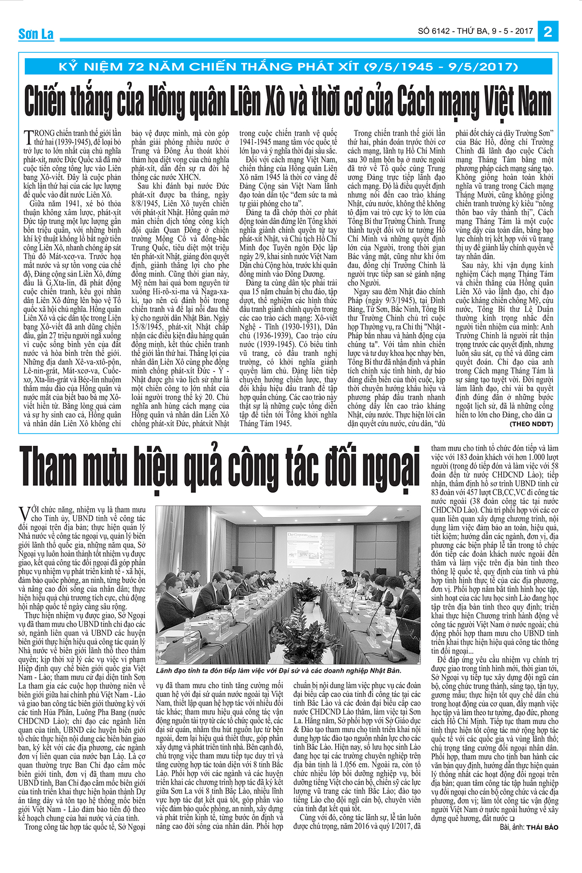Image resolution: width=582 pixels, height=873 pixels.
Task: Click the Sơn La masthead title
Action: click(x=36, y=34)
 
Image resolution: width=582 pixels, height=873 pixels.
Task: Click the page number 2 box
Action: click(x=548, y=32)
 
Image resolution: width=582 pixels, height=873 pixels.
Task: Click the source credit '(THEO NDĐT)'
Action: click(x=531, y=424)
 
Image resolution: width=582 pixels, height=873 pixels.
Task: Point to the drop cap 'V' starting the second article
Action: click(x=23, y=513)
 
